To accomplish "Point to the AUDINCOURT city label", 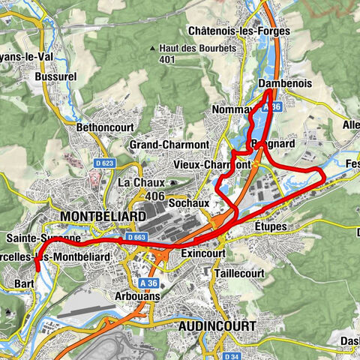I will pyautogui.click(x=217, y=326).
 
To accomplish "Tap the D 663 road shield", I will pyautogui.click(x=136, y=237).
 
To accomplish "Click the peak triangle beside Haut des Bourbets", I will pyautogui.click(x=152, y=49).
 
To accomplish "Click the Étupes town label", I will pyautogui.click(x=271, y=225).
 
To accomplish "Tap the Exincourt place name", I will pyautogui.click(x=203, y=255).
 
